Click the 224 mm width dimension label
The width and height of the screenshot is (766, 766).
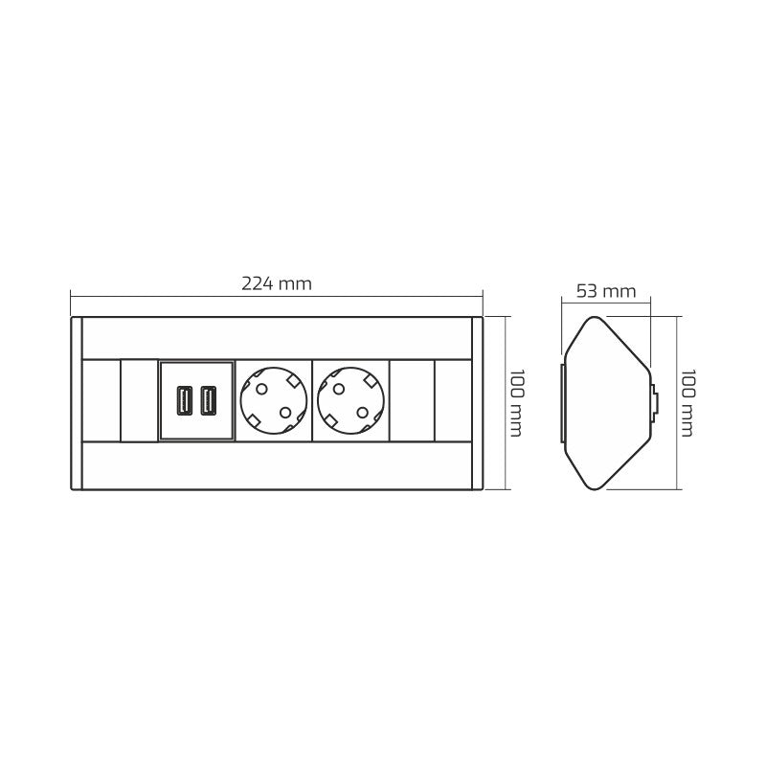tap(277, 283)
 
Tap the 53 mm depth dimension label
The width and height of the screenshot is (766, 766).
tap(606, 291)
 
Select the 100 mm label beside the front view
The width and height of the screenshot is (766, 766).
tap(516, 403)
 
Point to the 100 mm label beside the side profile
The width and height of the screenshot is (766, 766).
tap(687, 403)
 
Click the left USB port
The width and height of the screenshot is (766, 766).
tap(185, 401)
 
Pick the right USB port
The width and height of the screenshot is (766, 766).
tap(209, 401)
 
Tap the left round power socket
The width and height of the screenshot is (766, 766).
tap(274, 400)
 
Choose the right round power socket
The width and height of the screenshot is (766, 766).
tap(350, 400)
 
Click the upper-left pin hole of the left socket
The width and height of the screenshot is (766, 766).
tap(261, 389)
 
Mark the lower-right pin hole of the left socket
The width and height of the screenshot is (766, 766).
tap(284, 413)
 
